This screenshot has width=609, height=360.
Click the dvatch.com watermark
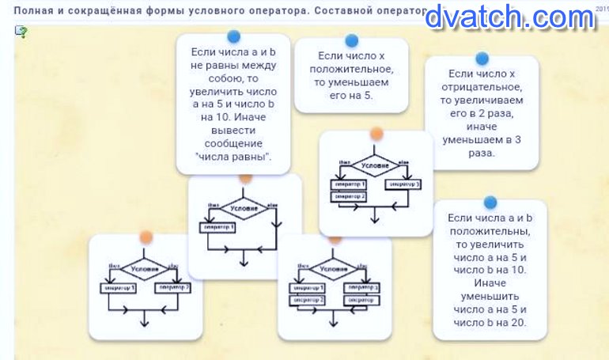coord(509,17)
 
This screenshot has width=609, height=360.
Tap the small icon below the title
coord(21,32)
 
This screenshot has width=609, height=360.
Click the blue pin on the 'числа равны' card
coord(233,36)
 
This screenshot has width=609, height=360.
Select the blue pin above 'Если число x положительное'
coord(352,40)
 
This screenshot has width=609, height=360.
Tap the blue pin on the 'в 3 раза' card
coord(482,58)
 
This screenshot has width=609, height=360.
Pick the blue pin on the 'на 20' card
coord(490,203)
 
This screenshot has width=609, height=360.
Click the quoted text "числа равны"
coord(233,157)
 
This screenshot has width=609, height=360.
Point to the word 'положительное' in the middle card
coord(351,70)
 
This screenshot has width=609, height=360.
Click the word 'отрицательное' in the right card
coord(481,86)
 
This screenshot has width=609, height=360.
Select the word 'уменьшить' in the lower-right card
coord(490,294)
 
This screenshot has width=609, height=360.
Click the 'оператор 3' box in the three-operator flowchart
coord(403,184)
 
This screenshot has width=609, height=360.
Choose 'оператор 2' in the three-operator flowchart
coord(349,196)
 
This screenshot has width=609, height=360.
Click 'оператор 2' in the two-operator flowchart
coord(172,287)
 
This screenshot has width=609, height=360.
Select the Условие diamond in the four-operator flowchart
coord(334,269)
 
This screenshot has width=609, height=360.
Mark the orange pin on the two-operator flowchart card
coord(146,237)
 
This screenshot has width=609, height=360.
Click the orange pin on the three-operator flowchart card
coord(376,134)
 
